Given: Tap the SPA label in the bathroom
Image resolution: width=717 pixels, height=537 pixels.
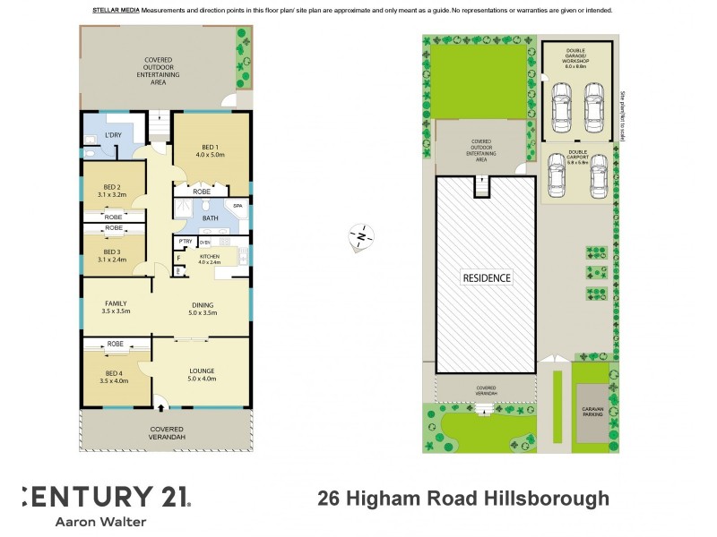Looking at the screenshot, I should (x=238, y=207).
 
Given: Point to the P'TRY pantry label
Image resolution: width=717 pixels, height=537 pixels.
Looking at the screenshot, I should (x=186, y=242).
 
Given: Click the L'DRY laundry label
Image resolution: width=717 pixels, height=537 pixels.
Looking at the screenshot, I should (x=113, y=135).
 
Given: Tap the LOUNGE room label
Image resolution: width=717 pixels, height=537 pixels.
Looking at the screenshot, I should (x=202, y=371).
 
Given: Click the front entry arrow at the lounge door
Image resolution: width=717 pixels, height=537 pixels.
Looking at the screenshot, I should (x=161, y=408).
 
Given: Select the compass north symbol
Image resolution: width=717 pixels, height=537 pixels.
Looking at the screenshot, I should (x=360, y=237).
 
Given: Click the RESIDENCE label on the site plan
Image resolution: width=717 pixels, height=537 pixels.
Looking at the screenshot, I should (x=487, y=277).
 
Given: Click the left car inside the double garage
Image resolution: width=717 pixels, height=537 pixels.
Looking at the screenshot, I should (x=562, y=105).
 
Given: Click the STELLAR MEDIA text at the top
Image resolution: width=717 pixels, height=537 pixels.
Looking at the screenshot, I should (x=115, y=10).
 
